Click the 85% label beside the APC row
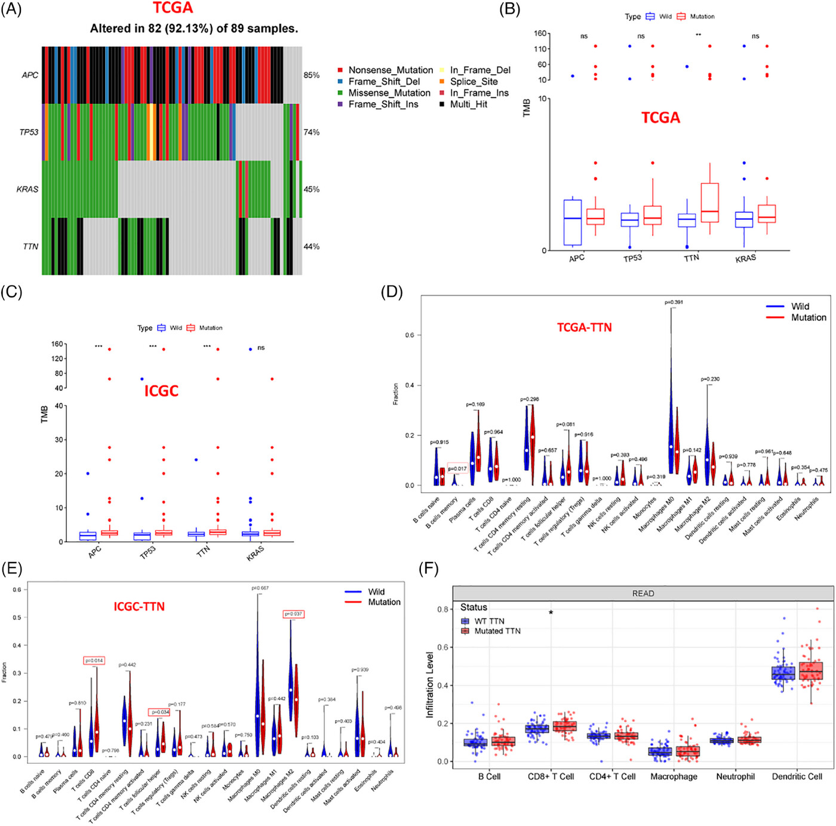[x=311, y=75]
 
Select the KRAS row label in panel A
[x=27, y=189]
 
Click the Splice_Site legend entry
[x=474, y=81]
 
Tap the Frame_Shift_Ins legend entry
[x=383, y=104]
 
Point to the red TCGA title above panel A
[x=173, y=8]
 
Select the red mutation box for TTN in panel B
[x=709, y=202]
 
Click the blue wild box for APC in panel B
[x=573, y=222]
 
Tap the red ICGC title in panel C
[x=161, y=391]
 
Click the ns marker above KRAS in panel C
[x=261, y=348]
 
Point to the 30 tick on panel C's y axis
[x=59, y=440]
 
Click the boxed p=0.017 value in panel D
[x=457, y=469]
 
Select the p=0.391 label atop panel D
[x=674, y=302]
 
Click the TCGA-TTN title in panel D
[x=584, y=327]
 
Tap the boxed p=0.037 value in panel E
[x=293, y=614]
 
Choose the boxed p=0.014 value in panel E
[x=94, y=661]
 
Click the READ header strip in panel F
[x=643, y=593]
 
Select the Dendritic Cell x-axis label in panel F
[x=797, y=776]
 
